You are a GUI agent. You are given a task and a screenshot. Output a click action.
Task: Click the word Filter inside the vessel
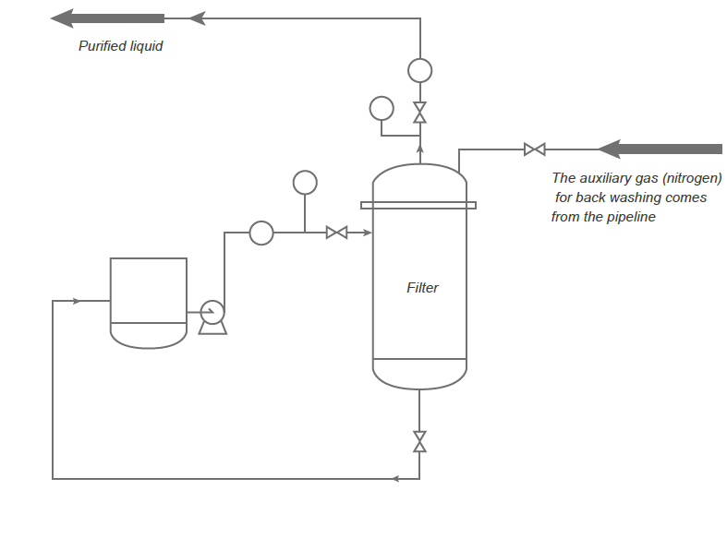422,288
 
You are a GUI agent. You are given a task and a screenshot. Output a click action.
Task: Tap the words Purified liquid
120,45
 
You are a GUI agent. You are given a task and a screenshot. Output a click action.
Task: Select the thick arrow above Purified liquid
107,18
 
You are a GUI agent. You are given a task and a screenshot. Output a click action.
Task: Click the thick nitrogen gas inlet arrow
660,149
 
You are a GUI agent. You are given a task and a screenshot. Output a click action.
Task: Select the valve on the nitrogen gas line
534,149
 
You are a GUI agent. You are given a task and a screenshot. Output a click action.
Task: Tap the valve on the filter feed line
337,233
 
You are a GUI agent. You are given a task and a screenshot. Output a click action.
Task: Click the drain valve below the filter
419,441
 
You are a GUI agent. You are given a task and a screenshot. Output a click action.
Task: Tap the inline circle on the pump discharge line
261,233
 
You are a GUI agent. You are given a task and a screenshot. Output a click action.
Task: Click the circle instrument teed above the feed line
304,182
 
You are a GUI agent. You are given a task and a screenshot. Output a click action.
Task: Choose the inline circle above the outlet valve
419,70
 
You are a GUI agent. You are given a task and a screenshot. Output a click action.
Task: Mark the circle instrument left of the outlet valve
381,108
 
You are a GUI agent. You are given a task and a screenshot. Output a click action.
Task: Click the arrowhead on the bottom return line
395,478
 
